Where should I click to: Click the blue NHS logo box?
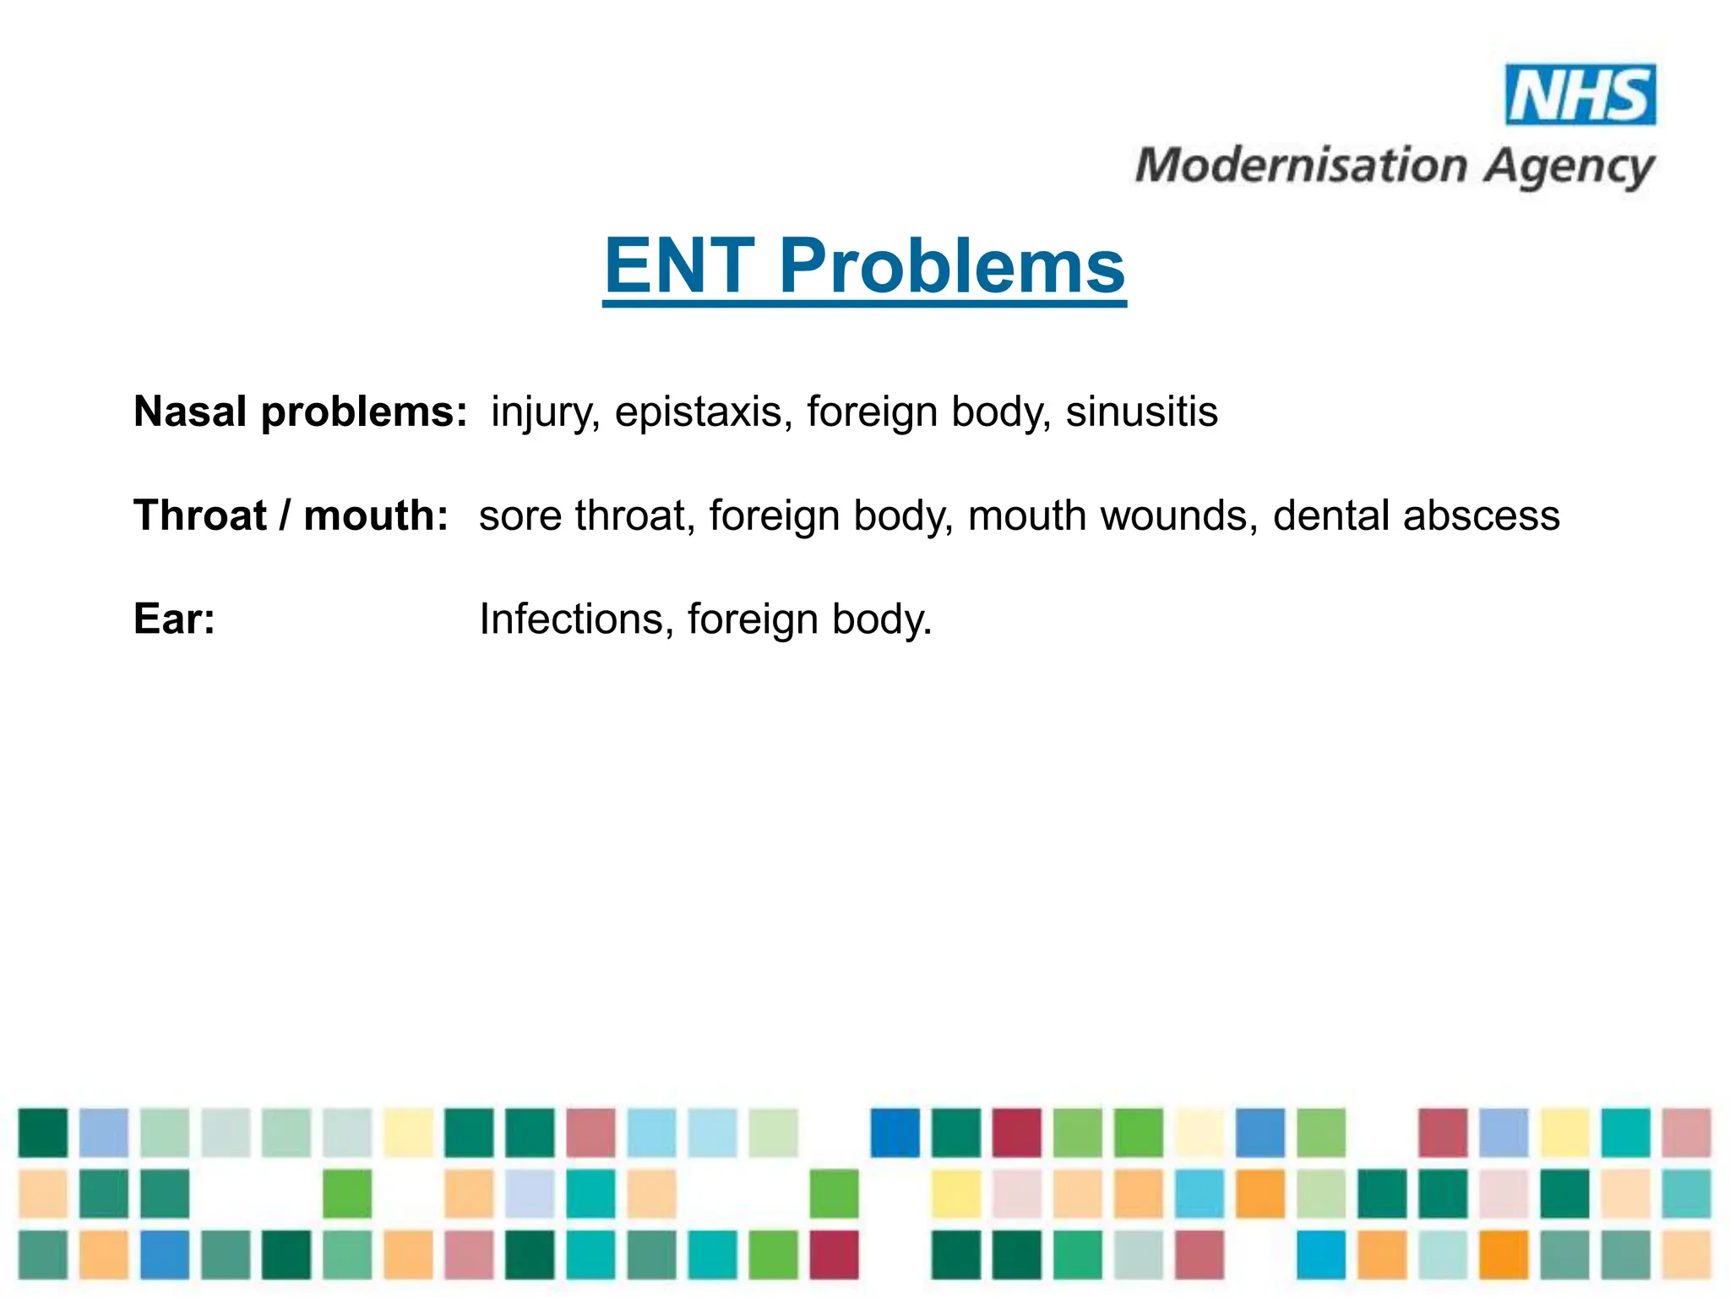(x=1580, y=95)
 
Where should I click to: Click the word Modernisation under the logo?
(x=1301, y=166)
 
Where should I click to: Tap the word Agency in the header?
(x=1570, y=167)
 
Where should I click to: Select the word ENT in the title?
(x=679, y=266)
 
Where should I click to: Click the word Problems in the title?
(x=951, y=266)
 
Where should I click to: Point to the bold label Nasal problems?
(x=300, y=412)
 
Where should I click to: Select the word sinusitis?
(x=1141, y=412)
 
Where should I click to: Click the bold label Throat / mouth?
(x=291, y=515)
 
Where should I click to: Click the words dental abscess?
(x=1416, y=515)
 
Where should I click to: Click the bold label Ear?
(x=174, y=619)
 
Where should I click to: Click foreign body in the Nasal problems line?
(x=928, y=412)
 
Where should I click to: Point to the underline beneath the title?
(x=864, y=303)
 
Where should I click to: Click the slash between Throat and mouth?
(x=285, y=515)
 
